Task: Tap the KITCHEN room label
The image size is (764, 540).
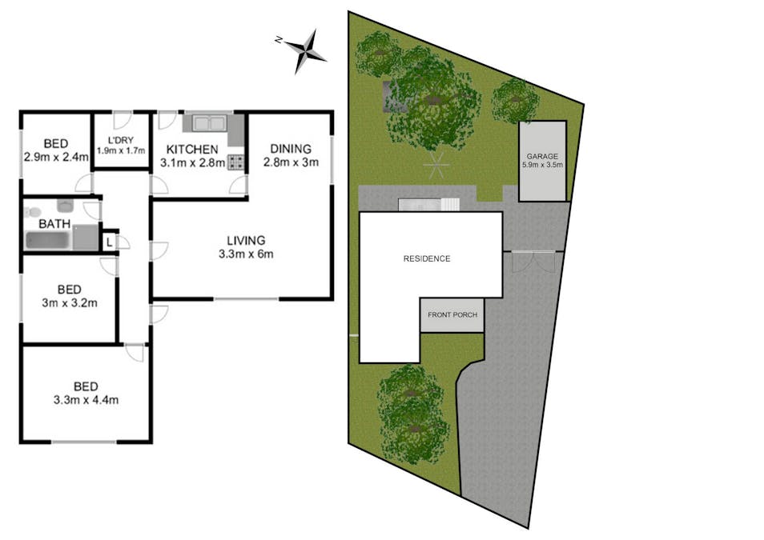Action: [192, 150]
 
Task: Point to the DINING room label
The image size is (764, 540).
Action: [291, 149]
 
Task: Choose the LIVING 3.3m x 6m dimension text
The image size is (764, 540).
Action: [246, 254]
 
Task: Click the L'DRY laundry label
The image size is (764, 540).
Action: [121, 140]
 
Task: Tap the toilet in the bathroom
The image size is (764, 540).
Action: [33, 212]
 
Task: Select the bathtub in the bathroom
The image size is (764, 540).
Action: [48, 241]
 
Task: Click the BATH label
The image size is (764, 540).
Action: [54, 224]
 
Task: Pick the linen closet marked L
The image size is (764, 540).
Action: [109, 242]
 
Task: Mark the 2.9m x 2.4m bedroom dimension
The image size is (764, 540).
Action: [56, 158]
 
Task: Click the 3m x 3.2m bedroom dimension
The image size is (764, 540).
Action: [70, 303]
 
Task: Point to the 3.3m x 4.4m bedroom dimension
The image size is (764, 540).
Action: [86, 400]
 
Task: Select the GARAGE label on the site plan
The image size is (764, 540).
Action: [542, 156]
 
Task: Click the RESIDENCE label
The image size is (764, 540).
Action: [427, 258]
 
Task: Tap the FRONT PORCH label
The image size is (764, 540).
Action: [452, 314]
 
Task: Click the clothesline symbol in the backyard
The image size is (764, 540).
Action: [436, 166]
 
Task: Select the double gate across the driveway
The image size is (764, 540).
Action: [533, 261]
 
